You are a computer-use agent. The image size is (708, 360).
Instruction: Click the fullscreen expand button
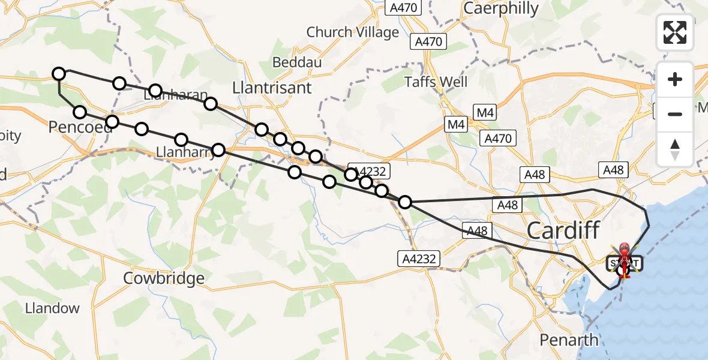tap(675, 32)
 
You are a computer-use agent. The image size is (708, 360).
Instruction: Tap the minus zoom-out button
tap(675, 114)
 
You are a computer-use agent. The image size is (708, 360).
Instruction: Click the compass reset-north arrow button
tap(675, 149)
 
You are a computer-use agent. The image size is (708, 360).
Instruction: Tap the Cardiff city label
tap(563, 230)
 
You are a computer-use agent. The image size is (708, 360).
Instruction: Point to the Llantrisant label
tap(272, 88)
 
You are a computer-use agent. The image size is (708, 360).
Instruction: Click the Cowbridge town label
tap(163, 278)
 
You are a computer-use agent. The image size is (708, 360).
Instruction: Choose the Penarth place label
tap(568, 340)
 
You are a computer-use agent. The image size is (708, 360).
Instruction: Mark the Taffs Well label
tap(436, 82)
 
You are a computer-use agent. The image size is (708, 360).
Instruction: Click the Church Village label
tap(352, 32)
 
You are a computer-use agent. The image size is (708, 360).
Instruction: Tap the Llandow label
tap(52, 308)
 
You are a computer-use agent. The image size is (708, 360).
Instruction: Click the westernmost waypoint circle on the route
tap(58, 74)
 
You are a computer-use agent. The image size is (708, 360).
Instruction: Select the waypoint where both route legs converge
tap(406, 202)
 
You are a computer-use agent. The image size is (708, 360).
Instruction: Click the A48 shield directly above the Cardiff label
tap(508, 205)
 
